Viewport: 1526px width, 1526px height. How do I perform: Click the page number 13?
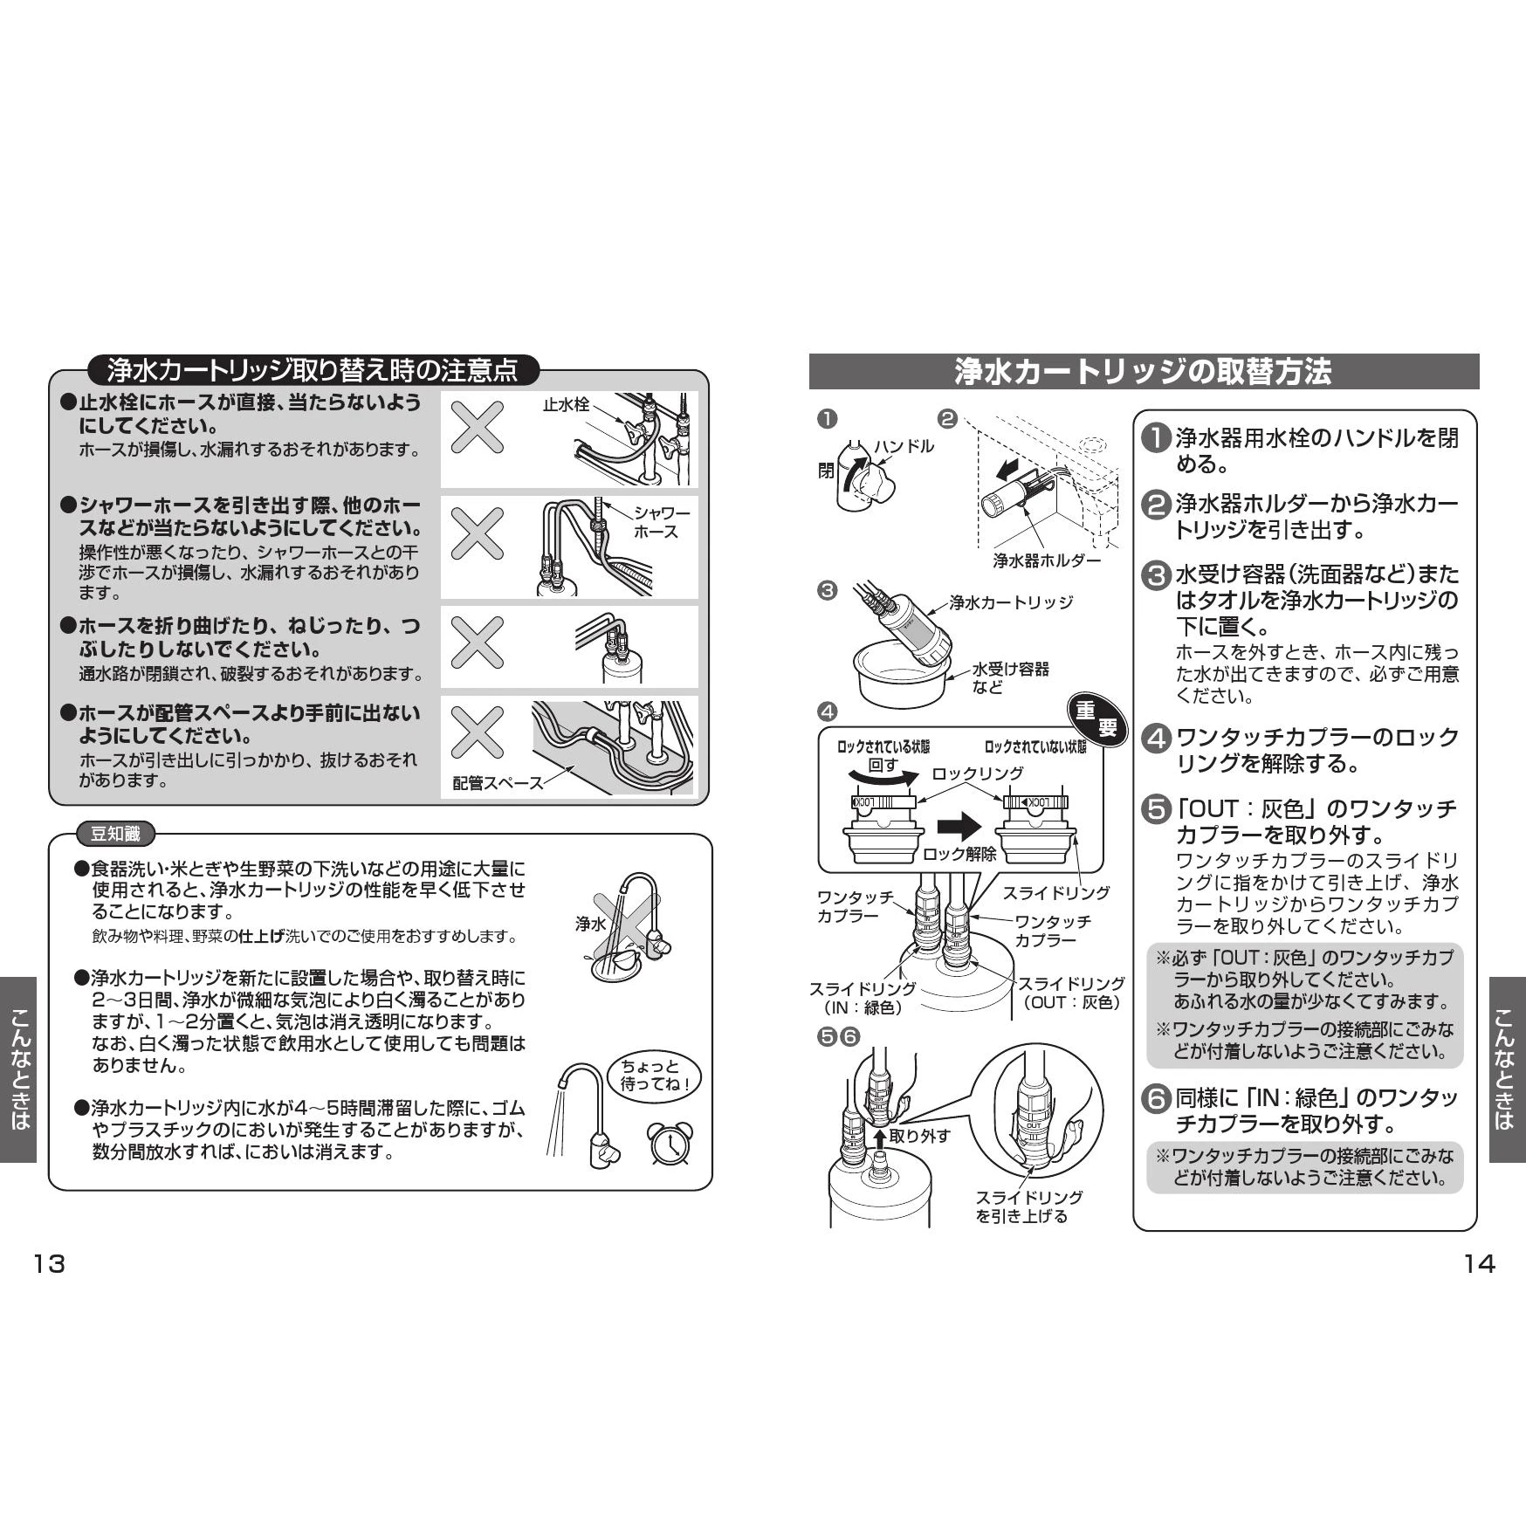(49, 1264)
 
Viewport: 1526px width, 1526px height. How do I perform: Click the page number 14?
(1479, 1264)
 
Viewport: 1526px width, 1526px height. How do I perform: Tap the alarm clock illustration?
(670, 1143)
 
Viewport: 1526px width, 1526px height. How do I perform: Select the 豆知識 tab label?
(115, 834)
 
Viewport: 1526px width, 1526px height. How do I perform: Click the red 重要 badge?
(1096, 720)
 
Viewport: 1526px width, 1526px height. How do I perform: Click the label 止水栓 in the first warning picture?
(566, 405)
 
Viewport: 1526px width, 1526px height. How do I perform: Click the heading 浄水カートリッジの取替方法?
(1143, 372)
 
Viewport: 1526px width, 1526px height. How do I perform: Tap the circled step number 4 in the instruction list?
(1156, 739)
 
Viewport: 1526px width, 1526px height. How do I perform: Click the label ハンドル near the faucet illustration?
(904, 446)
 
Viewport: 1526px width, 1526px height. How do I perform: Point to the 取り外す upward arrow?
(880, 1138)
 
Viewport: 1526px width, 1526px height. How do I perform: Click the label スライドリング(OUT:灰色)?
(1071, 993)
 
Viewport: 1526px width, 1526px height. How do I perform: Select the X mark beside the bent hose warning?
(477, 642)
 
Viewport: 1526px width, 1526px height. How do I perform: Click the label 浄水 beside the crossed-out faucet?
(590, 924)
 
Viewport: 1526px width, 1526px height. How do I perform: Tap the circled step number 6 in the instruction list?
(1156, 1099)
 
